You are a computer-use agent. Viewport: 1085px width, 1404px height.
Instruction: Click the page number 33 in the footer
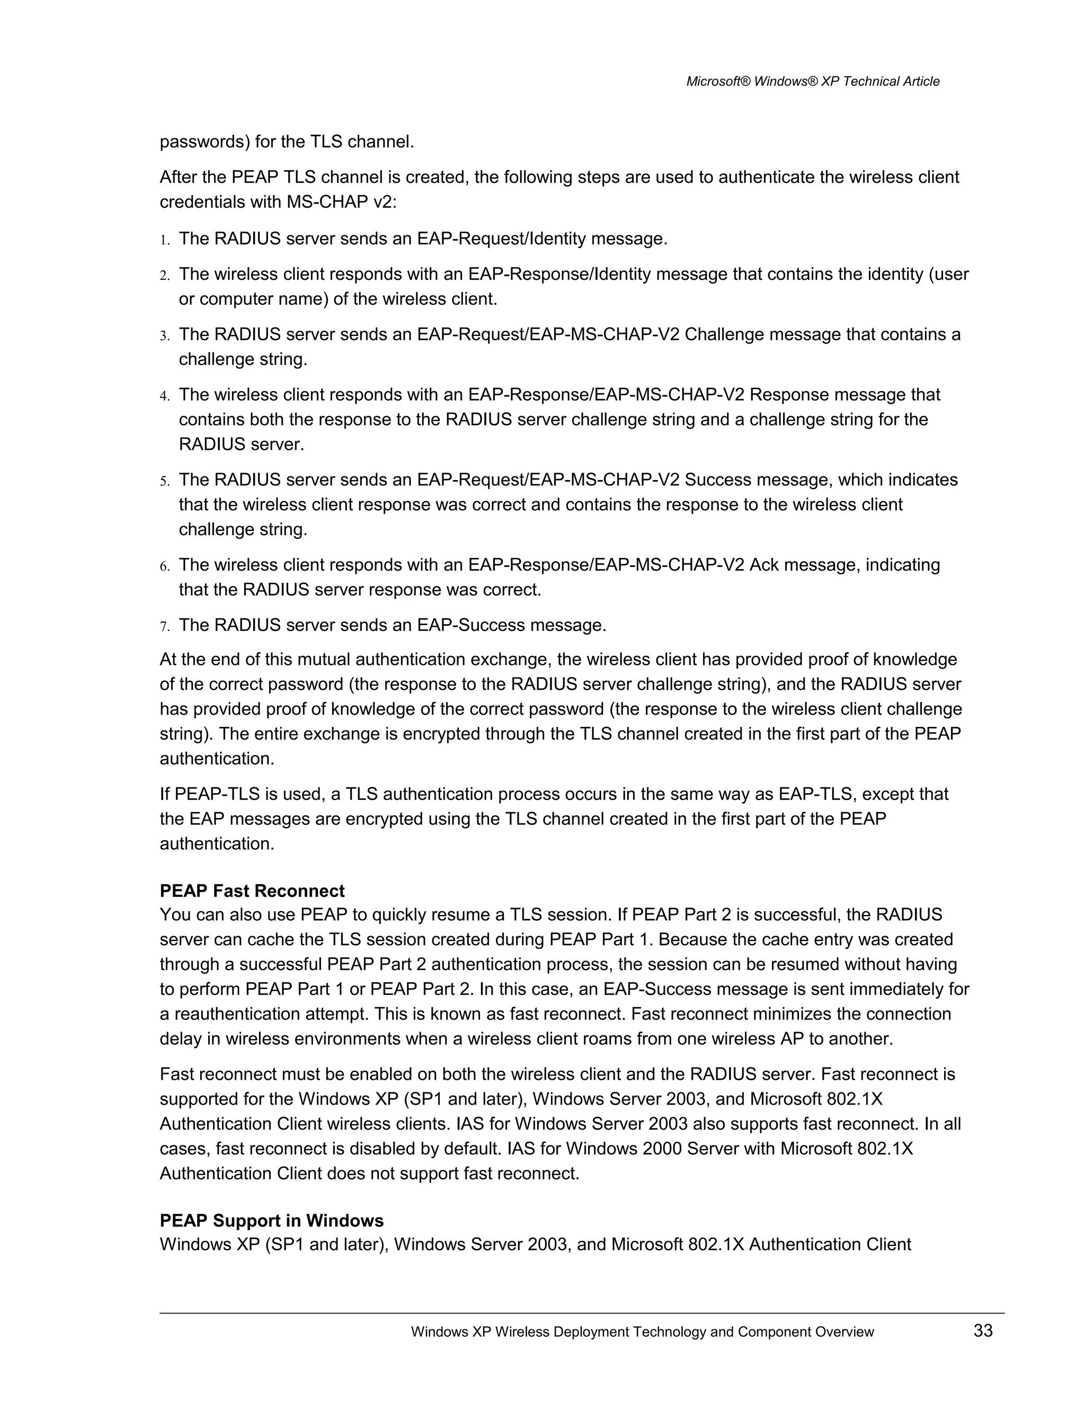point(983,1331)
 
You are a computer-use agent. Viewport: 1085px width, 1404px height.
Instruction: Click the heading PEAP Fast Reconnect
point(252,891)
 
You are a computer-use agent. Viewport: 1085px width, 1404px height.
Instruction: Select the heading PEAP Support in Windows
point(271,1220)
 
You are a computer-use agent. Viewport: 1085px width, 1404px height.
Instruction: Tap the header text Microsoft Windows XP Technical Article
point(813,81)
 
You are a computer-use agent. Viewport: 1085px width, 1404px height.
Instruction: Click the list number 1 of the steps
point(164,241)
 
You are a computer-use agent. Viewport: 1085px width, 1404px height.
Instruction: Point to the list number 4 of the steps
point(164,396)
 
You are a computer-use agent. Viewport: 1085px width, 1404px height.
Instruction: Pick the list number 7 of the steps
point(164,627)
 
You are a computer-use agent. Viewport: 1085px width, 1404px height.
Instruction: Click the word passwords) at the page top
point(204,141)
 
